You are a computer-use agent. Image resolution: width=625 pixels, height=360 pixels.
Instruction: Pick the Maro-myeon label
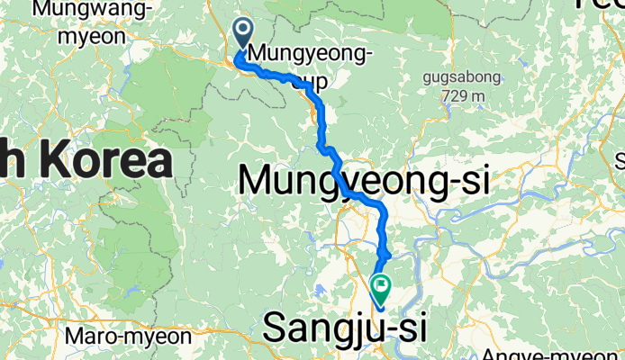(x=130, y=337)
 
